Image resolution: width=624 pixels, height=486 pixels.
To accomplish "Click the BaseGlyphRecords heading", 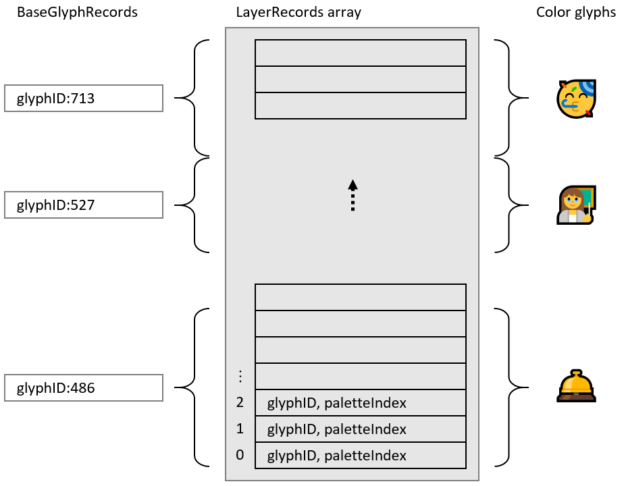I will (77, 13).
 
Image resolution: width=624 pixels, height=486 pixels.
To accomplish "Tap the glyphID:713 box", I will (84, 99).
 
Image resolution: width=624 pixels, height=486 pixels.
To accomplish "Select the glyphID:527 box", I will (84, 205).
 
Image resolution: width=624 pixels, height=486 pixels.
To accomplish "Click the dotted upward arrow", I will (353, 196).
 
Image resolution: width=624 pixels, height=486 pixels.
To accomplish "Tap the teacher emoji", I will (575, 206).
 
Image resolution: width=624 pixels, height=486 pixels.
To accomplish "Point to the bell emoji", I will (575, 387).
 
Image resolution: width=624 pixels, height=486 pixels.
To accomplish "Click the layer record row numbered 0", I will (361, 456).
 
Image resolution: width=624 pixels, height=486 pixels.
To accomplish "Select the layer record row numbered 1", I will (361, 429).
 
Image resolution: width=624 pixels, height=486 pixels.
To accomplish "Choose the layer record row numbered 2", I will (361, 403).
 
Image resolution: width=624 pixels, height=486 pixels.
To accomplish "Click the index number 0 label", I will (240, 456).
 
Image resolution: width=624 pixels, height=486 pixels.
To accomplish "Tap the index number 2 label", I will (240, 403).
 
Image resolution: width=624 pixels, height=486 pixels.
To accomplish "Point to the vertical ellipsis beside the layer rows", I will (240, 375).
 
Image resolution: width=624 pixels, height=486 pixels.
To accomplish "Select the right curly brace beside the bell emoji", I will (511, 387).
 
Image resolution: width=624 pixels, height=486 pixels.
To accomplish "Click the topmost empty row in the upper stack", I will (361, 53).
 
